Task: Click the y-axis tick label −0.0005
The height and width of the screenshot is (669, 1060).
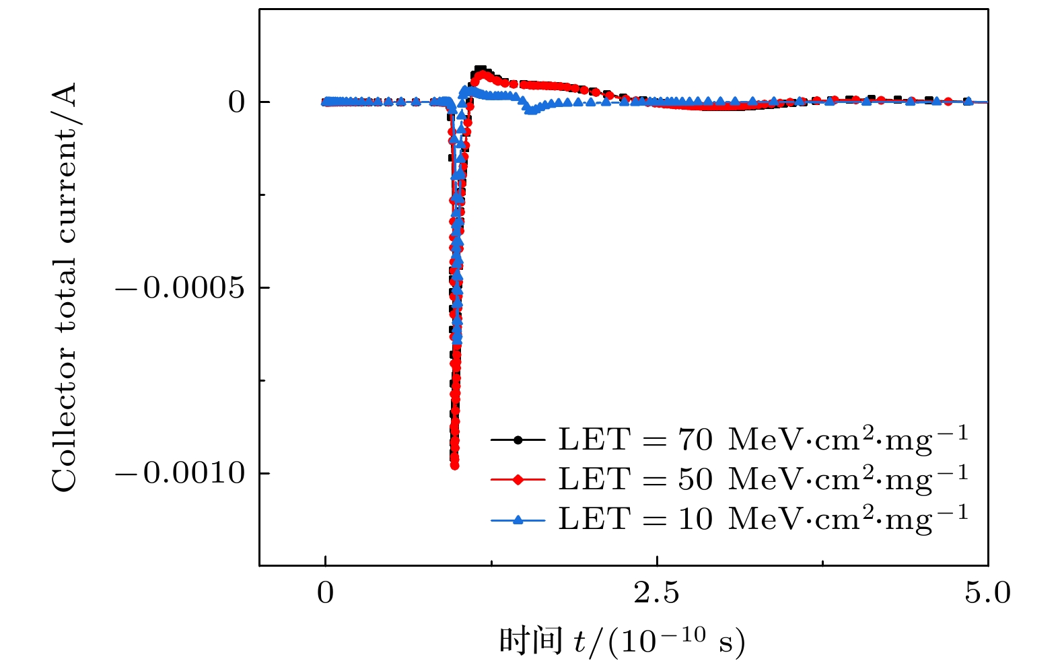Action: pyautogui.click(x=180, y=289)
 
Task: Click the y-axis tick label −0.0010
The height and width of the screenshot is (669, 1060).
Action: pyautogui.click(x=180, y=474)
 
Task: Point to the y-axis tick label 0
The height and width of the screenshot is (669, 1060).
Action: pyautogui.click(x=237, y=102)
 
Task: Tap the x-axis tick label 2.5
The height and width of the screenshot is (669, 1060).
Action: pyautogui.click(x=656, y=594)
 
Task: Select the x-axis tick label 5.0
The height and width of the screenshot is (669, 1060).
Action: pyautogui.click(x=987, y=594)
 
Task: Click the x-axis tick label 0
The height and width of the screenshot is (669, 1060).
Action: pyautogui.click(x=325, y=594)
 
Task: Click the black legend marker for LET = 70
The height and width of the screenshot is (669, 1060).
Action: pyautogui.click(x=518, y=440)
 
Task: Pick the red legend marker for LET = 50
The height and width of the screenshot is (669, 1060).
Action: pyautogui.click(x=518, y=480)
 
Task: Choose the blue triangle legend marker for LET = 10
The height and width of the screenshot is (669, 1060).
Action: pyautogui.click(x=518, y=519)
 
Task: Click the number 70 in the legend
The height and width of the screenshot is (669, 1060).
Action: pyautogui.click(x=695, y=440)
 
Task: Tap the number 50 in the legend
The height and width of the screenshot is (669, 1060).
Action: pyautogui.click(x=695, y=480)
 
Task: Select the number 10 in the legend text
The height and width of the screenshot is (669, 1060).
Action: pyautogui.click(x=695, y=519)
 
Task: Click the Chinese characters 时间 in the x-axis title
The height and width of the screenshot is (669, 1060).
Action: pyautogui.click(x=530, y=641)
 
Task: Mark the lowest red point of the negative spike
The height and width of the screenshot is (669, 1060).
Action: pyautogui.click(x=454, y=465)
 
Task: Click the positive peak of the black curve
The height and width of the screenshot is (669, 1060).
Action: pyautogui.click(x=481, y=69)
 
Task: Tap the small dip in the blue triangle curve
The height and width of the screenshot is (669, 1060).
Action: pyautogui.click(x=531, y=110)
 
